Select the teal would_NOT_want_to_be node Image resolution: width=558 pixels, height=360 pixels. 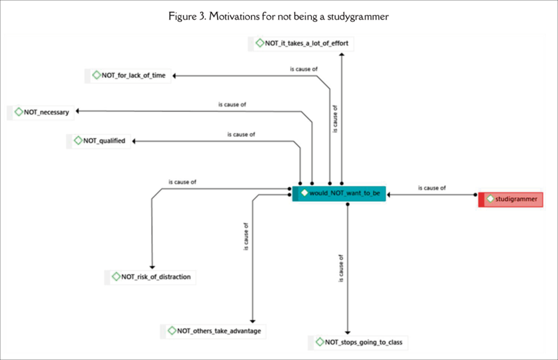[x=339, y=192]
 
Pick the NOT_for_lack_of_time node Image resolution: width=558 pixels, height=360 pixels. [x=129, y=75]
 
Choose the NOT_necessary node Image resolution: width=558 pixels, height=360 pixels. [x=41, y=112]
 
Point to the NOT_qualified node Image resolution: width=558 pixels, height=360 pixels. [x=100, y=141]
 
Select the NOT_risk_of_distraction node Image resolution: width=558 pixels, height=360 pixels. [x=151, y=277]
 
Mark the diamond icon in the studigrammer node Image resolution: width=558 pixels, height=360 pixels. [x=490, y=200]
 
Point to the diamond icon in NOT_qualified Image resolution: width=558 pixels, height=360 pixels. [x=78, y=141]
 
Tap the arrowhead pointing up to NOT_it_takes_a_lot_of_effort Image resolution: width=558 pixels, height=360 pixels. [x=342, y=53]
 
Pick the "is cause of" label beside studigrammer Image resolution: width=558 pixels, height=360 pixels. [x=432, y=188]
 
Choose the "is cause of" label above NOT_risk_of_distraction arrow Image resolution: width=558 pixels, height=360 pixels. [x=182, y=182]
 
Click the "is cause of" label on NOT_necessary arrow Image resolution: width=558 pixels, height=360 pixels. [x=232, y=105]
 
